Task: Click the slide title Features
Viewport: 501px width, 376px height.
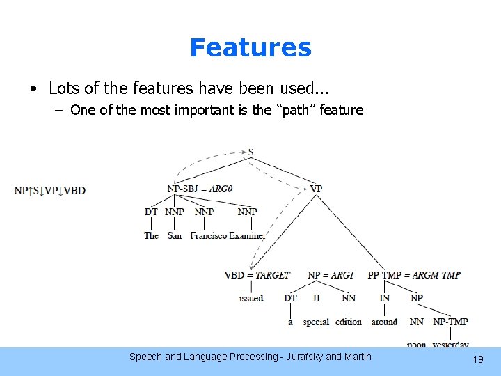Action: pos(250,47)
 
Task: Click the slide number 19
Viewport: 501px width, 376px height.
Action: pos(477,359)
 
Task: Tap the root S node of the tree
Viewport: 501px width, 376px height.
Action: pos(250,152)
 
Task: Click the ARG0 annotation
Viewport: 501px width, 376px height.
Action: pos(221,189)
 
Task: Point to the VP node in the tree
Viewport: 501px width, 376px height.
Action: pos(316,189)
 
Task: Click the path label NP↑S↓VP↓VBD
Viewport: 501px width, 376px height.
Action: pos(49,191)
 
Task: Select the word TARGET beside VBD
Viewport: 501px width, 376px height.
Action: pos(272,275)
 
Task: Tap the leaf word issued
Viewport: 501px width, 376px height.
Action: pos(250,298)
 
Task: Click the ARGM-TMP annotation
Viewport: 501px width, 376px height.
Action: pos(436,275)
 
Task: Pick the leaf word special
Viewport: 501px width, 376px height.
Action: pos(316,322)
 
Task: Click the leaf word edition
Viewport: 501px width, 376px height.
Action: pos(349,322)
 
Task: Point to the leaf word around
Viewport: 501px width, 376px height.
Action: pos(384,322)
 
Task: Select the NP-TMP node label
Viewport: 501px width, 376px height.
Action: pos(450,322)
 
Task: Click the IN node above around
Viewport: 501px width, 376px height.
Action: pos(384,298)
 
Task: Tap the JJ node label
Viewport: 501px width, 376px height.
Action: pos(316,298)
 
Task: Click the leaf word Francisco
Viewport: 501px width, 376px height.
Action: pos(208,235)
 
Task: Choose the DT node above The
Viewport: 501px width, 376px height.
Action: pos(151,212)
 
